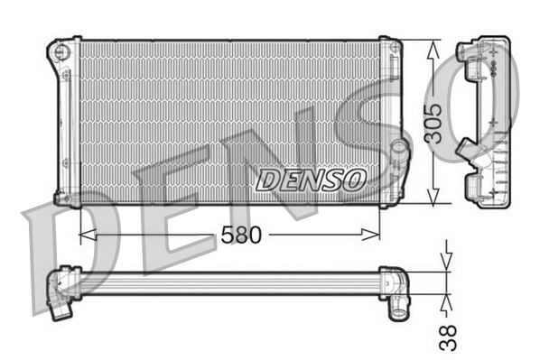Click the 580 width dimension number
(241, 235)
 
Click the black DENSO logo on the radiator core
(311, 180)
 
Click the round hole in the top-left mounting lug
(61, 51)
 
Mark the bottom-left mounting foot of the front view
(63, 198)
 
